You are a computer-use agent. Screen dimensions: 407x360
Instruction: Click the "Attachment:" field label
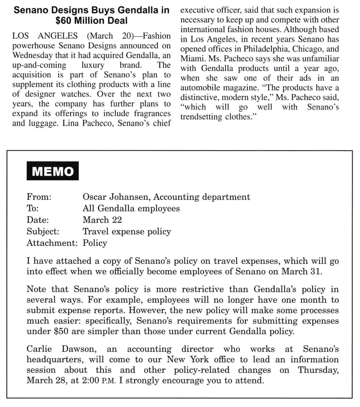pos(52,243)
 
